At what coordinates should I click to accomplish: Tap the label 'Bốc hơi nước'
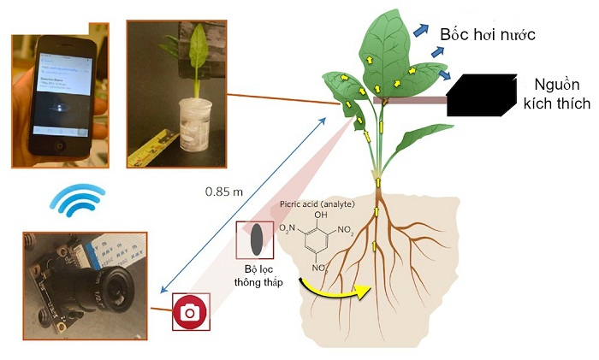click(x=487, y=33)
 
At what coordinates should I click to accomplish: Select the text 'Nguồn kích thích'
click(x=561, y=94)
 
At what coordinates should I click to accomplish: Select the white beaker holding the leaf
click(x=195, y=124)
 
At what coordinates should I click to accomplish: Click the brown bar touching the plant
click(x=411, y=100)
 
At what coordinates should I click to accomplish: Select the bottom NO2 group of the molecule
click(x=320, y=269)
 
